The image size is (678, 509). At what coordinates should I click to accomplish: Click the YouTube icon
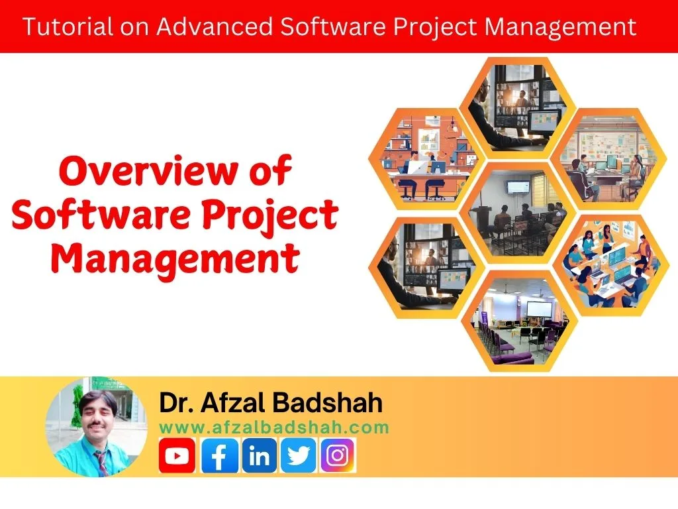coord(177,455)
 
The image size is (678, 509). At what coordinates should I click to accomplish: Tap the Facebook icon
coord(219,455)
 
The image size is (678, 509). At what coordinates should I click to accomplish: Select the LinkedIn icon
coord(260,455)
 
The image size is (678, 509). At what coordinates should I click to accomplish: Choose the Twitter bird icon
coord(298,455)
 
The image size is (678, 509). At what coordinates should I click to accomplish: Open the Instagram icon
coord(338,455)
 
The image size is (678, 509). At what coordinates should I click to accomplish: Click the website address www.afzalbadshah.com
coord(274,427)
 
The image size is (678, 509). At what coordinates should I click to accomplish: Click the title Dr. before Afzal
coord(178,403)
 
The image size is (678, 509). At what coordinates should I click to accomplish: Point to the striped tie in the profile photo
coord(101,461)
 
